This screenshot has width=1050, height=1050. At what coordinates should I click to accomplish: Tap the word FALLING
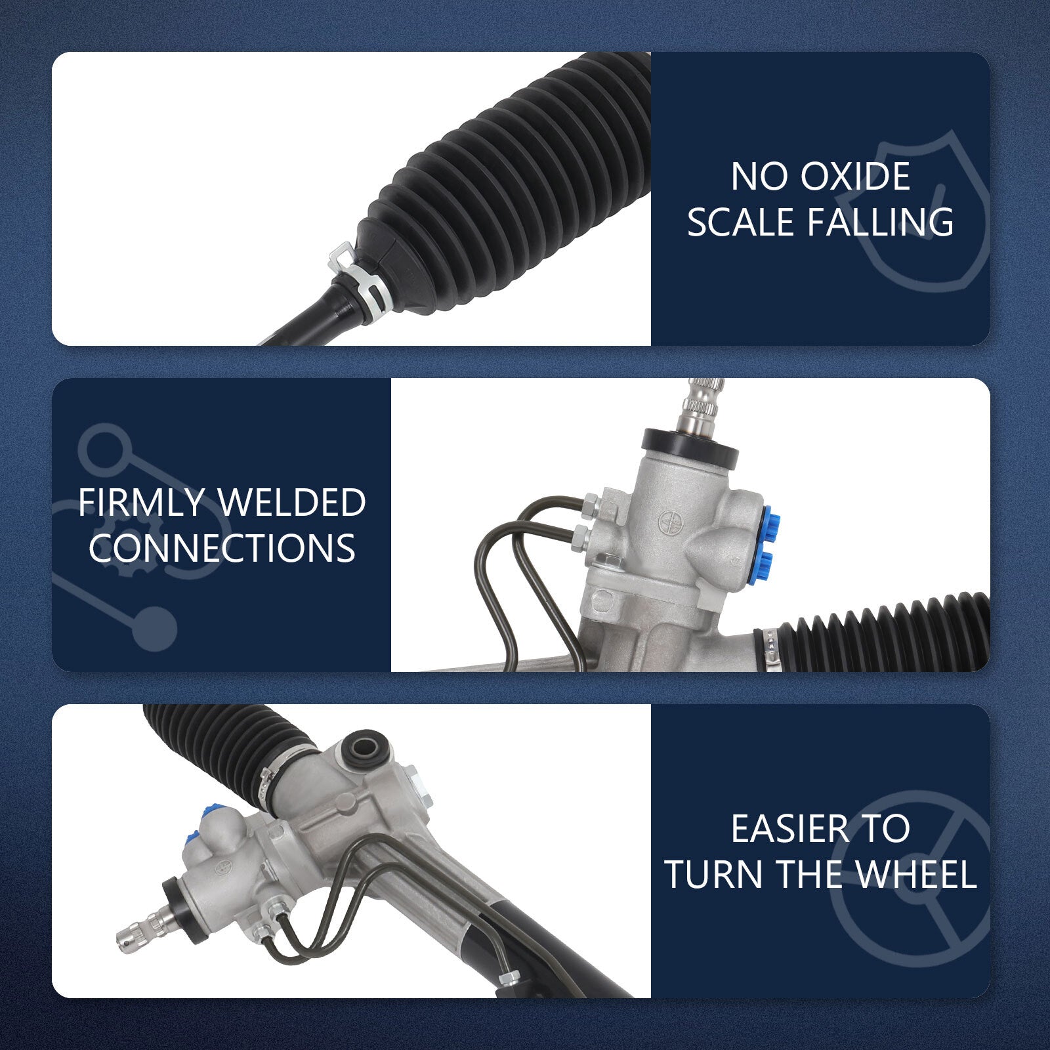click(881, 222)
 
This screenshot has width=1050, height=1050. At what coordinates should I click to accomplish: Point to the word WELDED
click(293, 503)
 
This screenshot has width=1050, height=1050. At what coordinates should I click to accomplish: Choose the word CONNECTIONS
click(222, 548)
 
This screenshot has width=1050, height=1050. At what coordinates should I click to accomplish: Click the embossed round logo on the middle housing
click(668, 521)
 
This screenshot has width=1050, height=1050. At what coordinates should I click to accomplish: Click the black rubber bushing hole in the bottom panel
click(364, 747)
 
